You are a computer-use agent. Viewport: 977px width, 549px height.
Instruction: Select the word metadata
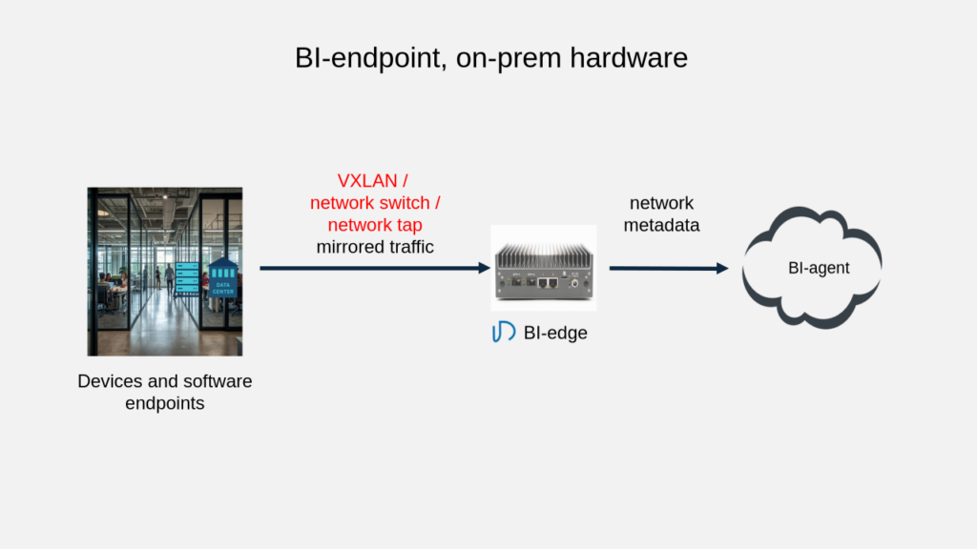coord(661,226)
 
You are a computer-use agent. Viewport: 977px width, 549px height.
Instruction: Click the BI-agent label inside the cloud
coord(818,268)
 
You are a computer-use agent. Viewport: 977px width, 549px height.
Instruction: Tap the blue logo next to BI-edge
coord(503,333)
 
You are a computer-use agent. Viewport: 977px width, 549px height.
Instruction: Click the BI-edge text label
coord(555,333)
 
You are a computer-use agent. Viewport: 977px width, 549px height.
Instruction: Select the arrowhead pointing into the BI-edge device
coord(484,268)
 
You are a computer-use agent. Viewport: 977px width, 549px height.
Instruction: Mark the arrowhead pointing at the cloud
coord(722,268)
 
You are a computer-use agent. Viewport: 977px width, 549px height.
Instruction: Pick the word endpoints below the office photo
coord(165,403)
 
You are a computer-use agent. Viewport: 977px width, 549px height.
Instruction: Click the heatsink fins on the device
coord(543,252)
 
